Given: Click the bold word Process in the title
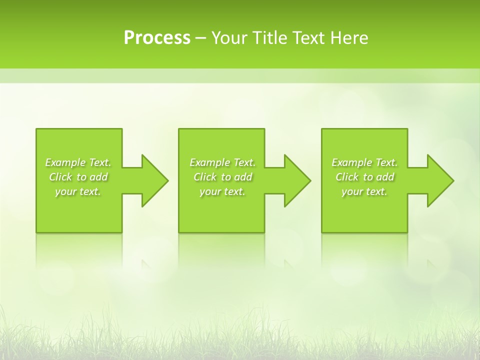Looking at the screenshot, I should point(157,38).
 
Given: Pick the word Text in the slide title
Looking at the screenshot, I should point(308,38).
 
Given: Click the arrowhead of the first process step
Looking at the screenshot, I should point(154,180).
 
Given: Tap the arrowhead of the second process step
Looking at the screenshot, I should point(297,180).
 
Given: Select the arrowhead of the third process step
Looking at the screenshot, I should point(440,180).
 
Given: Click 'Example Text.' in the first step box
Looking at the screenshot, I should point(78,162).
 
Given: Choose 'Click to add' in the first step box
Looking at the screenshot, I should point(78,177).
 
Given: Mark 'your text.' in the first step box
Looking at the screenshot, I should point(78,191).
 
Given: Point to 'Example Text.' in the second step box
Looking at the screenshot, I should point(222,162).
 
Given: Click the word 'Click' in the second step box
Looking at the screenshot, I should point(204,177).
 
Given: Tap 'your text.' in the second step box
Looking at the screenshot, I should point(222,191).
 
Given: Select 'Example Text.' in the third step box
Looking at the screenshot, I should point(364,162).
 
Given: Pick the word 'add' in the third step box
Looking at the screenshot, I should point(385,177).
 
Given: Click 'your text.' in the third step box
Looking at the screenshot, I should point(364,191).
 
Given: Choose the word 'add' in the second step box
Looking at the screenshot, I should point(243,177).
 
